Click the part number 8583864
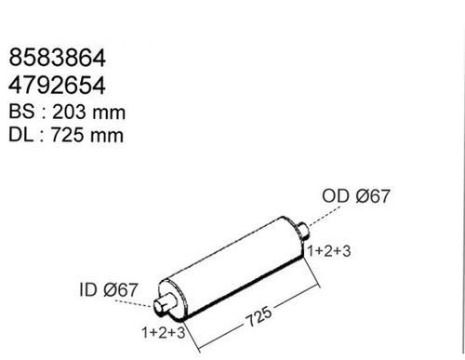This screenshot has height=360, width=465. [x=58, y=58]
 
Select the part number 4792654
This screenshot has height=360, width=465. [x=57, y=86]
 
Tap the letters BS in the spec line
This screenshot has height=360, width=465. [x=21, y=111]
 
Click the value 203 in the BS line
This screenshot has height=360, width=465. [x=69, y=112]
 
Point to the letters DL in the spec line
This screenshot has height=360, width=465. [x=20, y=135]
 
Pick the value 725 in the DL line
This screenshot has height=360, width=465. [x=67, y=135]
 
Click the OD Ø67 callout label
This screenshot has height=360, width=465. [x=356, y=196]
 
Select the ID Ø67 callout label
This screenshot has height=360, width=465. [x=109, y=289]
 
